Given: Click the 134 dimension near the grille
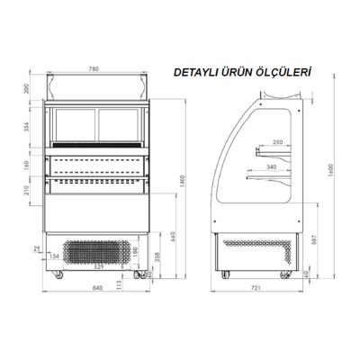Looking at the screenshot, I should pyautogui.click(x=56, y=256).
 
